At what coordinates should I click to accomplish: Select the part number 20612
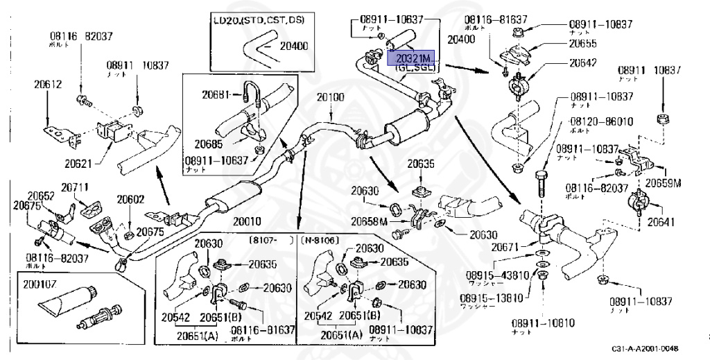(x=48, y=85)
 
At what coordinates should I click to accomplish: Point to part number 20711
(x=74, y=187)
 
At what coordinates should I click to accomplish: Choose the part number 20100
(x=330, y=97)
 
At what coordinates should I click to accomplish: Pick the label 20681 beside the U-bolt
(x=216, y=94)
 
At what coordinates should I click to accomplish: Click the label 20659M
(x=664, y=183)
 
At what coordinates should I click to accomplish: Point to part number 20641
(x=661, y=223)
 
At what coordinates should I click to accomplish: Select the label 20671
(x=514, y=247)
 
